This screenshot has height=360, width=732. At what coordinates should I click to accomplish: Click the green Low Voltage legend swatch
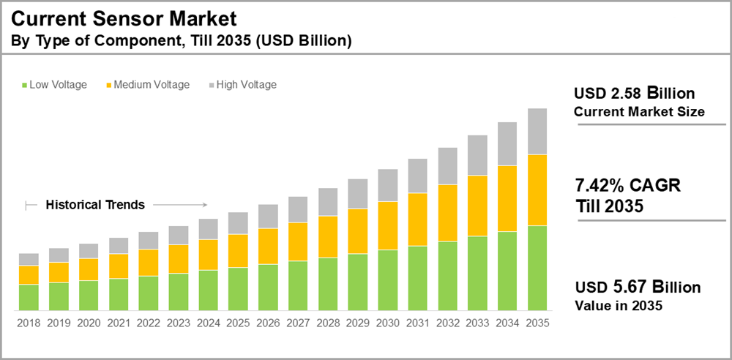coord(24,85)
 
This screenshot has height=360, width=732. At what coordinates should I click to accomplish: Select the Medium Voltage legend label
coord(152,85)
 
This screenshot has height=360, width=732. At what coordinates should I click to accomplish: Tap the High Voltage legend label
coord(246,85)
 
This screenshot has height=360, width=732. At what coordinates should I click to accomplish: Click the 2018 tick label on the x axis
coord(29,322)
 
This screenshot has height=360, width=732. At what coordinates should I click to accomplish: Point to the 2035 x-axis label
coord(537,322)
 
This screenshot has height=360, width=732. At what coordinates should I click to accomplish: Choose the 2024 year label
coord(208,322)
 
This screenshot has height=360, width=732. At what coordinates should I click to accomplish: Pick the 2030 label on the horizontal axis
coord(388,322)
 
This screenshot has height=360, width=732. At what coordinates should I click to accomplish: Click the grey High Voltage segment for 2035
coord(537,131)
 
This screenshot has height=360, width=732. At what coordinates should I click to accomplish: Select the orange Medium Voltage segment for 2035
coord(537,190)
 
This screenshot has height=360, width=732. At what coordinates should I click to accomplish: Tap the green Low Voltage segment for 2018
coord(29,296)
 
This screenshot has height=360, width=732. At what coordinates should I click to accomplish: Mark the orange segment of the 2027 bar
coord(298,241)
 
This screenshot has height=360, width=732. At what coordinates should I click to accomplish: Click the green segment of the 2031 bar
coord(417,277)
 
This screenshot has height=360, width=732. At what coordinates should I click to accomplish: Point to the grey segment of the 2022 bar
coord(149,240)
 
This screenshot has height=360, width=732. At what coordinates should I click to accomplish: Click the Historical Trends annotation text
coord(95,205)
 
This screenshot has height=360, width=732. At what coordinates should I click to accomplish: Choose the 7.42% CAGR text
coord(628,186)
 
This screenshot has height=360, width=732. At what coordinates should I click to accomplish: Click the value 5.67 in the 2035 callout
coord(627,287)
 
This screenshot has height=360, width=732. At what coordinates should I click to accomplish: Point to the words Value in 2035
coord(618,306)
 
